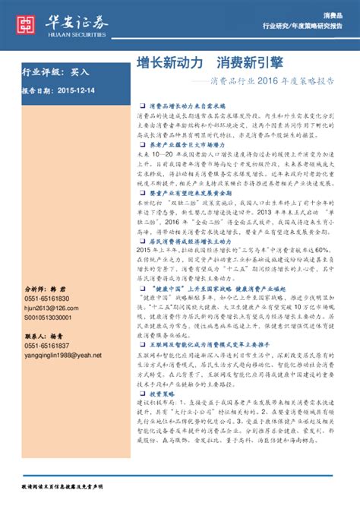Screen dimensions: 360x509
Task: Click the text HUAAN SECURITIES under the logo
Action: [x=79, y=35]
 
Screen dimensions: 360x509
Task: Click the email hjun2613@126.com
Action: [x=52, y=308]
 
